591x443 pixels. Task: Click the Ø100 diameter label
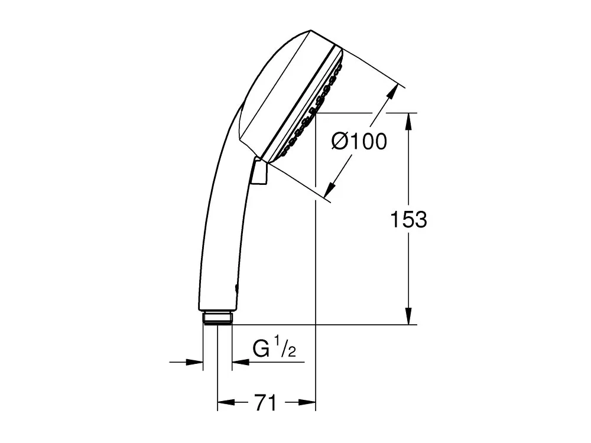(359, 142)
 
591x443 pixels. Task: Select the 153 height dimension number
(408, 219)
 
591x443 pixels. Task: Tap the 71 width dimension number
(265, 403)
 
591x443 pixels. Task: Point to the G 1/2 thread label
(274, 347)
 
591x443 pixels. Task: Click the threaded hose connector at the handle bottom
(217, 318)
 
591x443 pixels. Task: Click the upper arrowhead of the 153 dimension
(408, 121)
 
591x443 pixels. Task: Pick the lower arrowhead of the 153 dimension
(408, 315)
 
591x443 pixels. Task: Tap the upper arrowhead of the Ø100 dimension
(392, 92)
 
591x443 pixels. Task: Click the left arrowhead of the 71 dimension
(226, 402)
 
